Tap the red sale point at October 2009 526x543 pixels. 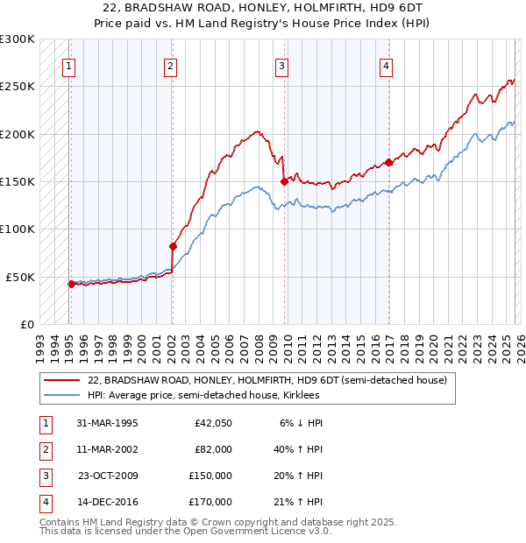point(284,181)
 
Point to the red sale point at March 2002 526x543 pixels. point(173,246)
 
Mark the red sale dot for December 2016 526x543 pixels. point(388,162)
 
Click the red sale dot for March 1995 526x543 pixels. point(71,284)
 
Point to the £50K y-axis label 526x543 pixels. point(20,277)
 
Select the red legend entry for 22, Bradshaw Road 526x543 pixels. point(267,380)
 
